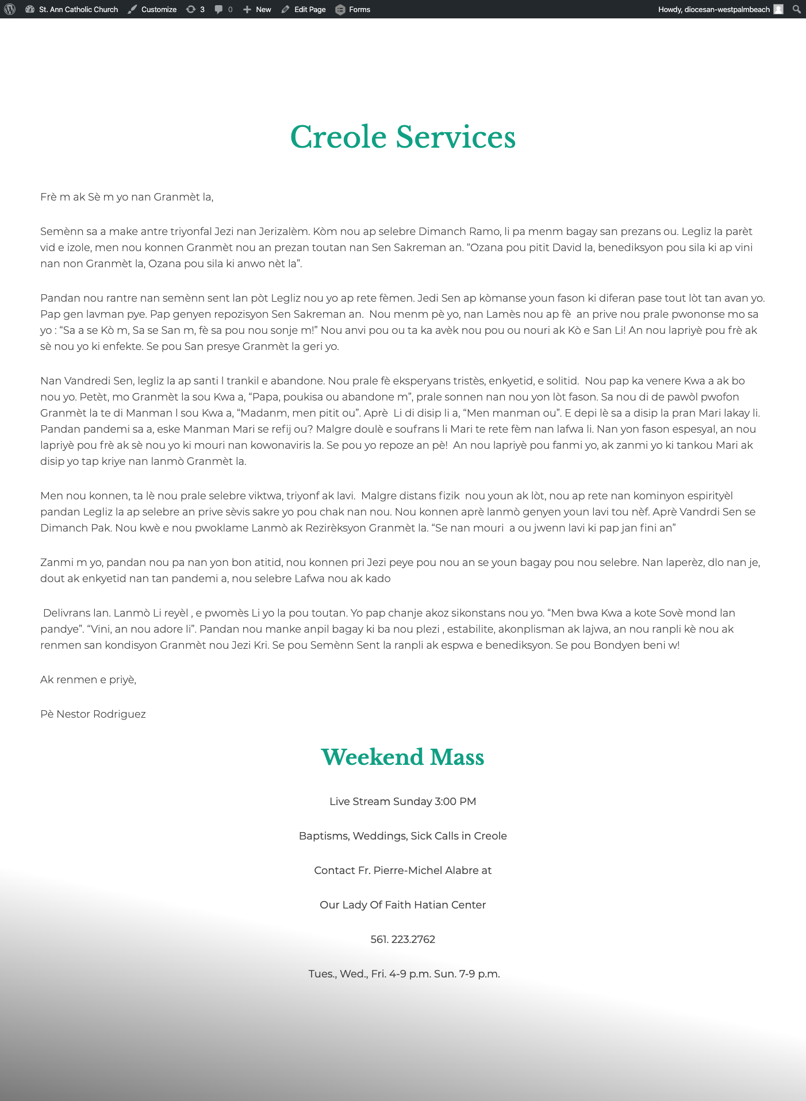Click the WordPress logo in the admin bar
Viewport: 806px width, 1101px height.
[10, 9]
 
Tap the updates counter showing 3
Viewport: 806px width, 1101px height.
[195, 9]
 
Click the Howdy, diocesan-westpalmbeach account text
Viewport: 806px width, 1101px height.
[713, 9]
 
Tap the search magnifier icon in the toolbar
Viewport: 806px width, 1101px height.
[796, 9]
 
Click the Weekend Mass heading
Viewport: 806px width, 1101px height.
[402, 757]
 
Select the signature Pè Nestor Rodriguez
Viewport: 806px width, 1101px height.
[93, 714]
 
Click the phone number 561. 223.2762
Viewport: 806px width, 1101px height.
[402, 940]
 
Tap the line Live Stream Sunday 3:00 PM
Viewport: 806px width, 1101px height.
[402, 802]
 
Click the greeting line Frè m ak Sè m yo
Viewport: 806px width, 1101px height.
[126, 197]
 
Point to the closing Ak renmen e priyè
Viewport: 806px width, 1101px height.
[88, 680]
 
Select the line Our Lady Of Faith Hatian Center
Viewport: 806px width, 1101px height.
[402, 905]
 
